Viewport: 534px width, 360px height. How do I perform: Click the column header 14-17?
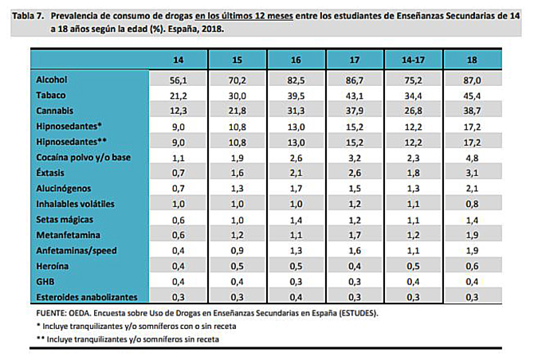413,60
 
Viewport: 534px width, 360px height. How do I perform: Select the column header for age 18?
472,60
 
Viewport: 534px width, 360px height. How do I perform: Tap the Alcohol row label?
52,80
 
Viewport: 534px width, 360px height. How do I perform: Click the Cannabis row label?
54,111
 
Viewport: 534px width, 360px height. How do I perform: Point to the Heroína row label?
52,266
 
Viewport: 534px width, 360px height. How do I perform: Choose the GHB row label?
45,282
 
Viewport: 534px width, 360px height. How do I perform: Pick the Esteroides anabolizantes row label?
87,297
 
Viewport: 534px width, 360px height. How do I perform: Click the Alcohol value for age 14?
178,80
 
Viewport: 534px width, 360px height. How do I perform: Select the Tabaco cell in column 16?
296,96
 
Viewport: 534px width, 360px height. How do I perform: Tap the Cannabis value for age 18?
472,111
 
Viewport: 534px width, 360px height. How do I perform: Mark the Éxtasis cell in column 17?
355,173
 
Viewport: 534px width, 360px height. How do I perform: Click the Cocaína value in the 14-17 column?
413,158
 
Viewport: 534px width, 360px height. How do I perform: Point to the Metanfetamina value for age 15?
237,236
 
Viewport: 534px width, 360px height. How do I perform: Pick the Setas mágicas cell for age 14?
178,220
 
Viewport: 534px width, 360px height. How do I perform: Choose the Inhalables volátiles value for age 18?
472,204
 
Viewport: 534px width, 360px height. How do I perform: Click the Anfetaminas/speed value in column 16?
296,251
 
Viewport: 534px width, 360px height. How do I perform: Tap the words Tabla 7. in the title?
28,16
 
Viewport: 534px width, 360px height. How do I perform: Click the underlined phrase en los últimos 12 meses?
244,16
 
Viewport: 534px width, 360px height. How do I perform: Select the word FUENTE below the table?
49,313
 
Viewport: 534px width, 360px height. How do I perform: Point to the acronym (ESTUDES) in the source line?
359,313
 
